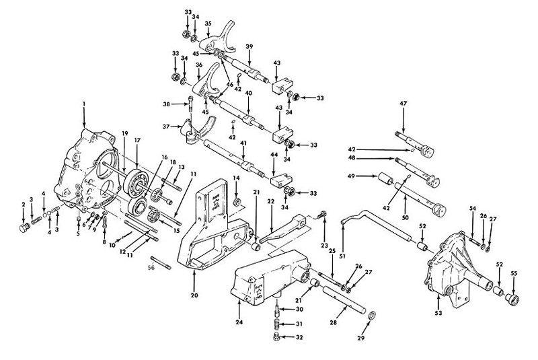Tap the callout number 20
194,295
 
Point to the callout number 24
239,322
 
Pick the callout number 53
438,313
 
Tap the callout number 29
360,338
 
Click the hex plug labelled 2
25,228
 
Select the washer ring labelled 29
372,316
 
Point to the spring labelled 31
276,324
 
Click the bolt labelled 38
191,104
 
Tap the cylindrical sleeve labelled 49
386,179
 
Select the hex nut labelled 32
276,337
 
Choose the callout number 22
271,202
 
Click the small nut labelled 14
237,203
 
